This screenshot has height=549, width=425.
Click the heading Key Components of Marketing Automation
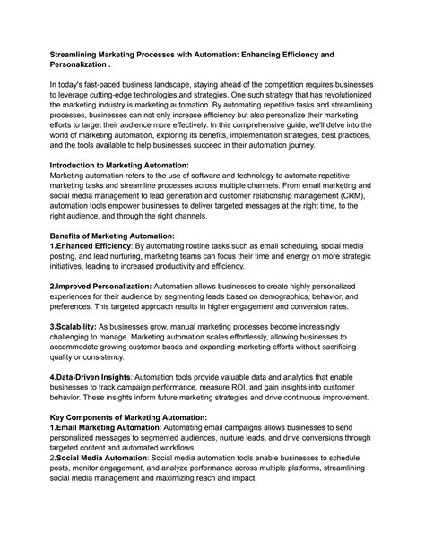point(129,417)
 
